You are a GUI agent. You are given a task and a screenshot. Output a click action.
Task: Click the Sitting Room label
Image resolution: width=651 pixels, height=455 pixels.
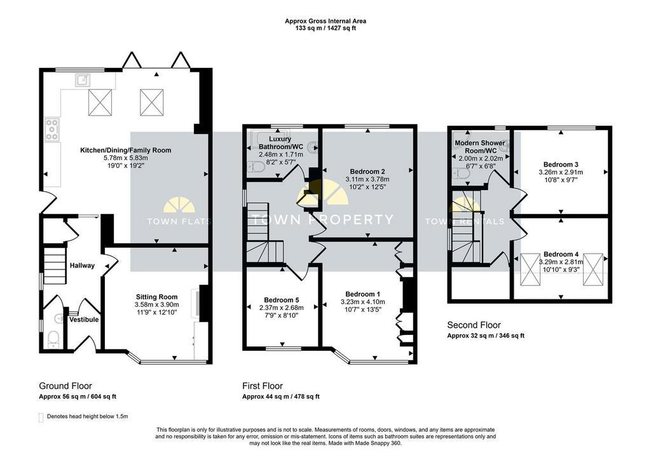point(156,297)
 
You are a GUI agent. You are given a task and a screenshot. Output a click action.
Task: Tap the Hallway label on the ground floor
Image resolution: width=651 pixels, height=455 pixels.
point(82,265)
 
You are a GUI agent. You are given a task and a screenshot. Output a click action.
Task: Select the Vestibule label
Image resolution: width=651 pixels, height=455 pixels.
point(84,319)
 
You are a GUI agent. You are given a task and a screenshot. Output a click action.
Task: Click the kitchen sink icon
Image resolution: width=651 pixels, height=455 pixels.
point(83,79)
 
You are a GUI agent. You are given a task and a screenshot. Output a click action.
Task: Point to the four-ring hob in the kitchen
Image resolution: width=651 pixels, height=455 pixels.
point(52,129)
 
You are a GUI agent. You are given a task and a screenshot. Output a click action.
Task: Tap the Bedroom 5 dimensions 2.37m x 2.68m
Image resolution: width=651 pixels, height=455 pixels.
point(282,308)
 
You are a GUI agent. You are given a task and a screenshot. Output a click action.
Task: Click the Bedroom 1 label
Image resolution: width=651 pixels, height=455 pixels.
point(362,294)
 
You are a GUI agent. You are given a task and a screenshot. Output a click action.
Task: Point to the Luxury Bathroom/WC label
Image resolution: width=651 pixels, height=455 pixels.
point(280,143)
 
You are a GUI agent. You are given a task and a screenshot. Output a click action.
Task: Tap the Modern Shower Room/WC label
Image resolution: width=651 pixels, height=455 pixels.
point(480,147)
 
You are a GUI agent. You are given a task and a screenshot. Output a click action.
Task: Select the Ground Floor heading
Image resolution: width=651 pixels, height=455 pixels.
point(65,386)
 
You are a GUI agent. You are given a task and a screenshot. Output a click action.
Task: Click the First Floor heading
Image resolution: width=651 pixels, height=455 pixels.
point(263,386)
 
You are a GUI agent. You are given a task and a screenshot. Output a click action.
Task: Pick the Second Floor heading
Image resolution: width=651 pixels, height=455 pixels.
point(474,325)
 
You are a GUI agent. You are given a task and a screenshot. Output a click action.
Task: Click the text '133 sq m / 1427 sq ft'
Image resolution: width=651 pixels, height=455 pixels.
point(325,28)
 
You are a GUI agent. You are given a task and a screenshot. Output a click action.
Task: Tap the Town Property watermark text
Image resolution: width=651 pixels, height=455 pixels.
point(322,219)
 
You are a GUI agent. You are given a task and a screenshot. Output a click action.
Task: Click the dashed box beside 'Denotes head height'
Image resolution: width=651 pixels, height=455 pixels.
point(41,418)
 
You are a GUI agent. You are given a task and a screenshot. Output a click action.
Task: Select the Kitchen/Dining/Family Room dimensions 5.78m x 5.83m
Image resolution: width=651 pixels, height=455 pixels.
point(125,158)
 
